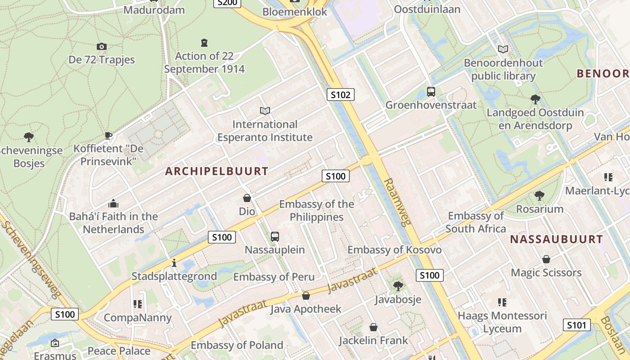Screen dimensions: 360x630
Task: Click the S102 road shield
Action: pos(340,94)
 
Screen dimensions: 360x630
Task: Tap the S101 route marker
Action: pos(576,325)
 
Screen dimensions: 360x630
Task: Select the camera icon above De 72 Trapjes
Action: pos(102,46)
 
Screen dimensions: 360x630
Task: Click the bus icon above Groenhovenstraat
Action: pos(431,92)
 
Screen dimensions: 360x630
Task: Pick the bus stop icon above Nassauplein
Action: pos(275,236)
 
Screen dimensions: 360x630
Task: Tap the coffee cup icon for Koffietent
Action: pos(108,135)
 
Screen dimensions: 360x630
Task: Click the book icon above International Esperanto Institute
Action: pos(265,111)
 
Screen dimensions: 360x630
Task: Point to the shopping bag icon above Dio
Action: pos(247,198)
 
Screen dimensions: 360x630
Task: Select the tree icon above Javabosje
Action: pos(398,286)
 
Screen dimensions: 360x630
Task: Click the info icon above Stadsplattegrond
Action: pos(174,263)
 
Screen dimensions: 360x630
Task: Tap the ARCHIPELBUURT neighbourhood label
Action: pos(217,171)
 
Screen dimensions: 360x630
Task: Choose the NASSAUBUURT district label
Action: pos(556,239)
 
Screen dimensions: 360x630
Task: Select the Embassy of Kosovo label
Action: pos(394,250)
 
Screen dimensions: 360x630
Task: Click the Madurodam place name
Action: pos(154,10)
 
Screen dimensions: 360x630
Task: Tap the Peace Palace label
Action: pos(119,351)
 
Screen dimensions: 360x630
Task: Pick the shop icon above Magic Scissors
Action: pos(546,259)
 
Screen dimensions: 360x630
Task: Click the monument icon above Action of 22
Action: pos(204,43)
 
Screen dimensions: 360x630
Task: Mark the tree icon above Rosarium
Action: pos(540,195)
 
